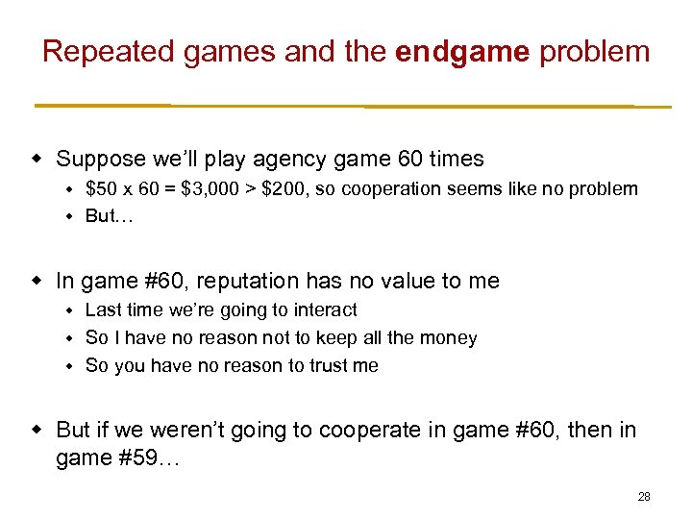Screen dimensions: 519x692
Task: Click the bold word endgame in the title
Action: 462,51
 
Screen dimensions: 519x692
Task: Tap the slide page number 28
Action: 644,497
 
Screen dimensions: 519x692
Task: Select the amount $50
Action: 102,188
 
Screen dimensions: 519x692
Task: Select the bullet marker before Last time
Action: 69,309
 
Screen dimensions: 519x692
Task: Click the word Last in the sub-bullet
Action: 102,309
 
